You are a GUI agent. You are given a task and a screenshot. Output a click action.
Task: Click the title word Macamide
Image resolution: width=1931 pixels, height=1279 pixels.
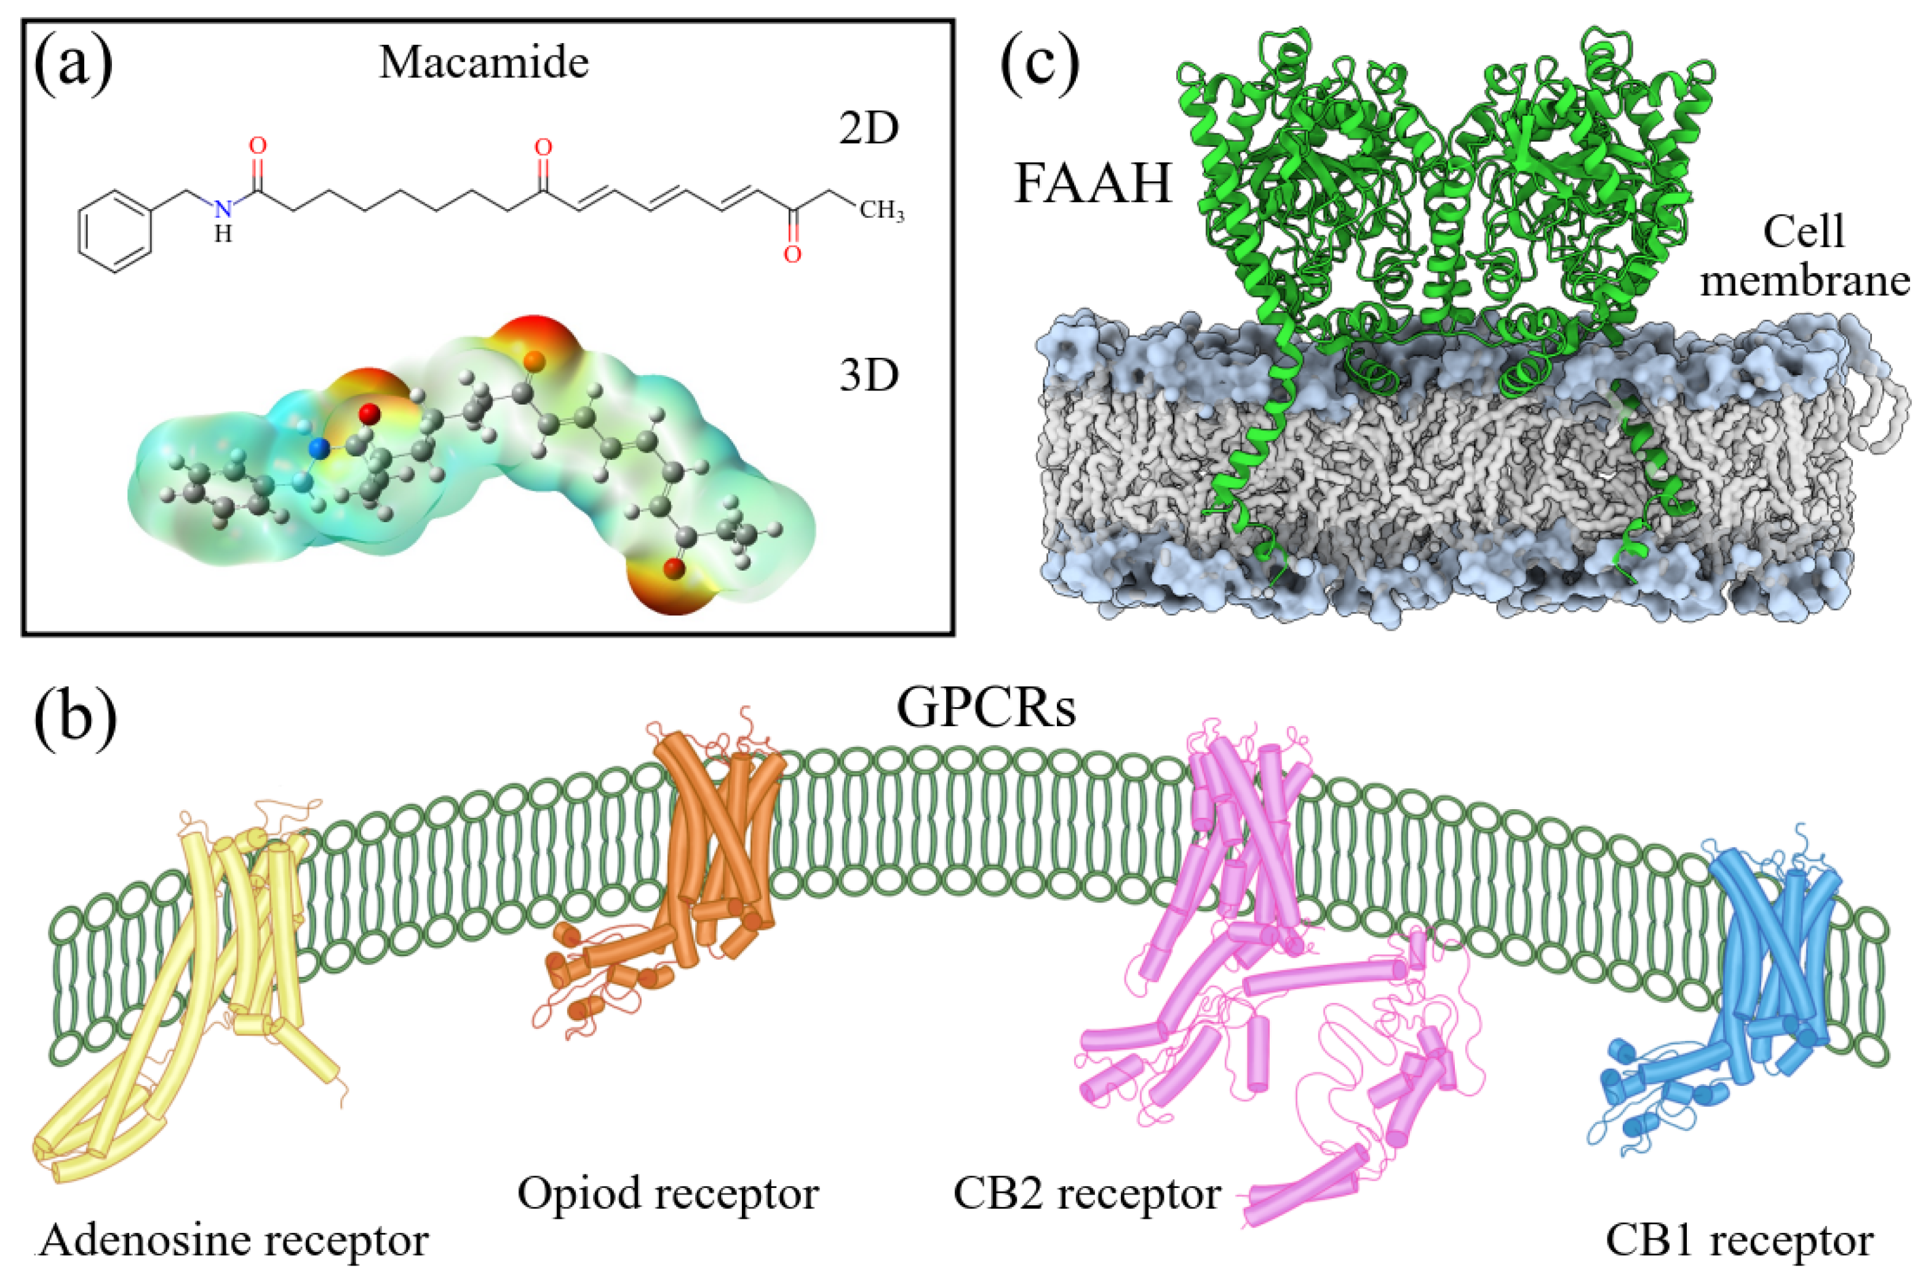[483, 62]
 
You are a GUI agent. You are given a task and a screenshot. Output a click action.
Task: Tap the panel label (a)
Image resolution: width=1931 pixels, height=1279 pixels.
[73, 62]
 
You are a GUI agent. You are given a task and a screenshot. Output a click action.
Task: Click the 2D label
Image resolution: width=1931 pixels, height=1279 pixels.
[869, 129]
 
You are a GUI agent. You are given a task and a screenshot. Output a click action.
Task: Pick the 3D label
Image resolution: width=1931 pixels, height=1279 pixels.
[869, 375]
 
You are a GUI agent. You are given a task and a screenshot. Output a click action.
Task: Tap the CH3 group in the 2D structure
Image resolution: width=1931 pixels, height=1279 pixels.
[881, 212]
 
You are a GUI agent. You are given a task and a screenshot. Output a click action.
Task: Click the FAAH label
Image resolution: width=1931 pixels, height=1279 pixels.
[1093, 183]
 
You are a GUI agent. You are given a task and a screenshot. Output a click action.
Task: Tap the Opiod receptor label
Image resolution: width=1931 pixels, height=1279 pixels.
[667, 1194]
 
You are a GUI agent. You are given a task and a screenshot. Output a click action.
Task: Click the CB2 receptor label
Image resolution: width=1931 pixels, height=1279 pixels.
[1086, 1194]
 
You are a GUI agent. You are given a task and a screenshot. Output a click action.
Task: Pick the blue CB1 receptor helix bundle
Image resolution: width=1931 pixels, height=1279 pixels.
[1770, 938]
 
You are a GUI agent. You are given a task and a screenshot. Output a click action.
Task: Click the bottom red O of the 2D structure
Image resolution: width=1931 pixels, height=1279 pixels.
[791, 255]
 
